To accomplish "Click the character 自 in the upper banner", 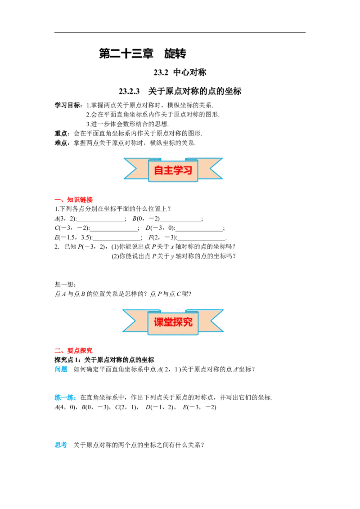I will pos(159,171).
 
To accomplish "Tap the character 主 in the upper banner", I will pos(168,171).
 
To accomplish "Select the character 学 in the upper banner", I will pos(178,171).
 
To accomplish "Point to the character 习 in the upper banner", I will pos(188,171).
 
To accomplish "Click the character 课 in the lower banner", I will pos(159,322).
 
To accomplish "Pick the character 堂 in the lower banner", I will pos(168,322).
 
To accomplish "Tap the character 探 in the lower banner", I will pos(178,322).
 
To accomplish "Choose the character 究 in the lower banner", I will pos(188,322).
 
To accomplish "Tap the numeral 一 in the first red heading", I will pos(58,200).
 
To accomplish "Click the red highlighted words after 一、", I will pos(80,200).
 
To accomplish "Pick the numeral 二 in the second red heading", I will pos(58,351).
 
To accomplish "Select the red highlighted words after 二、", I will pos(80,351).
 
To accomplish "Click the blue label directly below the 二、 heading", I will pos(61,370).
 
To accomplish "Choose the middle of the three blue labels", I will pos(66,398).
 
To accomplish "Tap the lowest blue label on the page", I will pos(61,445).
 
